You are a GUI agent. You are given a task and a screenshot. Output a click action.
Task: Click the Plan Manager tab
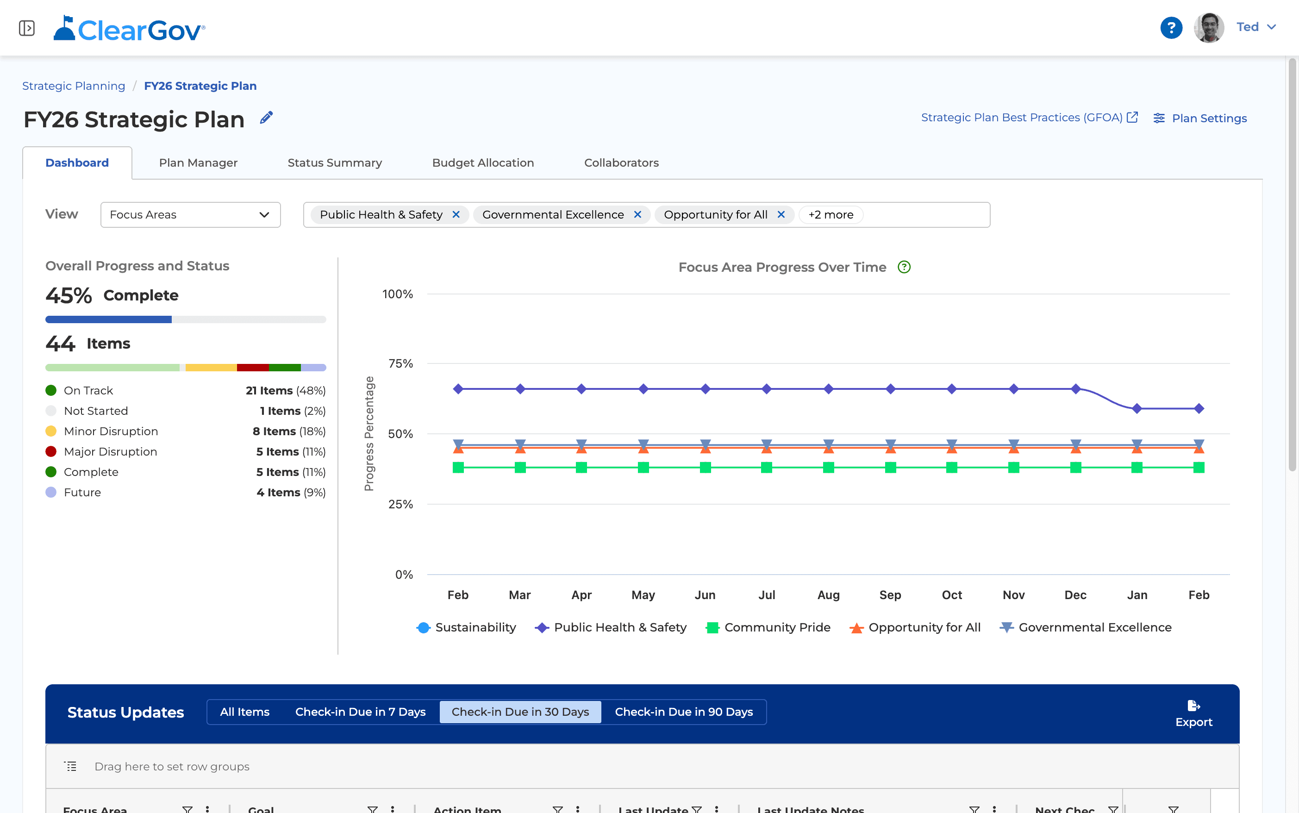(x=198, y=163)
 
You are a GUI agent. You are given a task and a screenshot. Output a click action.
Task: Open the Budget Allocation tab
(x=483, y=163)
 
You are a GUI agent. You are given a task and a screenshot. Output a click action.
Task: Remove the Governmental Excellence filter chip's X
(x=637, y=214)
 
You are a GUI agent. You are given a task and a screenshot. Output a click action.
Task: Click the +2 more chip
(x=831, y=214)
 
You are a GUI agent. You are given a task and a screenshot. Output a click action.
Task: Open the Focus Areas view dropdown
(x=190, y=214)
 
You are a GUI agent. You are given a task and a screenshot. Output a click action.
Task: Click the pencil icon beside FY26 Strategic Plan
(x=266, y=118)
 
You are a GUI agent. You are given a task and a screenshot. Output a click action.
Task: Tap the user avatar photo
(x=1209, y=27)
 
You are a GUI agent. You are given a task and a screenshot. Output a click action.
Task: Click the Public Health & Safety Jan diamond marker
(x=1137, y=409)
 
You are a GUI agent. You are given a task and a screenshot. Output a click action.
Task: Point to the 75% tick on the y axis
(x=400, y=363)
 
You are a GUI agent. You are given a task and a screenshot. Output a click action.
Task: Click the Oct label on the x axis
(x=952, y=594)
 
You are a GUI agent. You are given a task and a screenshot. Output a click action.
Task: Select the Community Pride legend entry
(x=768, y=627)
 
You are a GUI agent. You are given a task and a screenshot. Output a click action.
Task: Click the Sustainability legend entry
(x=466, y=627)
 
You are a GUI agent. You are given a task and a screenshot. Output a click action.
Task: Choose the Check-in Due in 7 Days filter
(x=360, y=712)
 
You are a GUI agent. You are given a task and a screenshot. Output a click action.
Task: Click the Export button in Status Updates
(x=1193, y=713)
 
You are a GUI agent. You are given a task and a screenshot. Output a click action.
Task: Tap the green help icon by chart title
(x=904, y=267)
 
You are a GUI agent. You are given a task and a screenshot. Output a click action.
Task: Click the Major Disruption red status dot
(x=51, y=452)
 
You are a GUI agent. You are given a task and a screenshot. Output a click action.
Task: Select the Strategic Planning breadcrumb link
(x=74, y=86)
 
